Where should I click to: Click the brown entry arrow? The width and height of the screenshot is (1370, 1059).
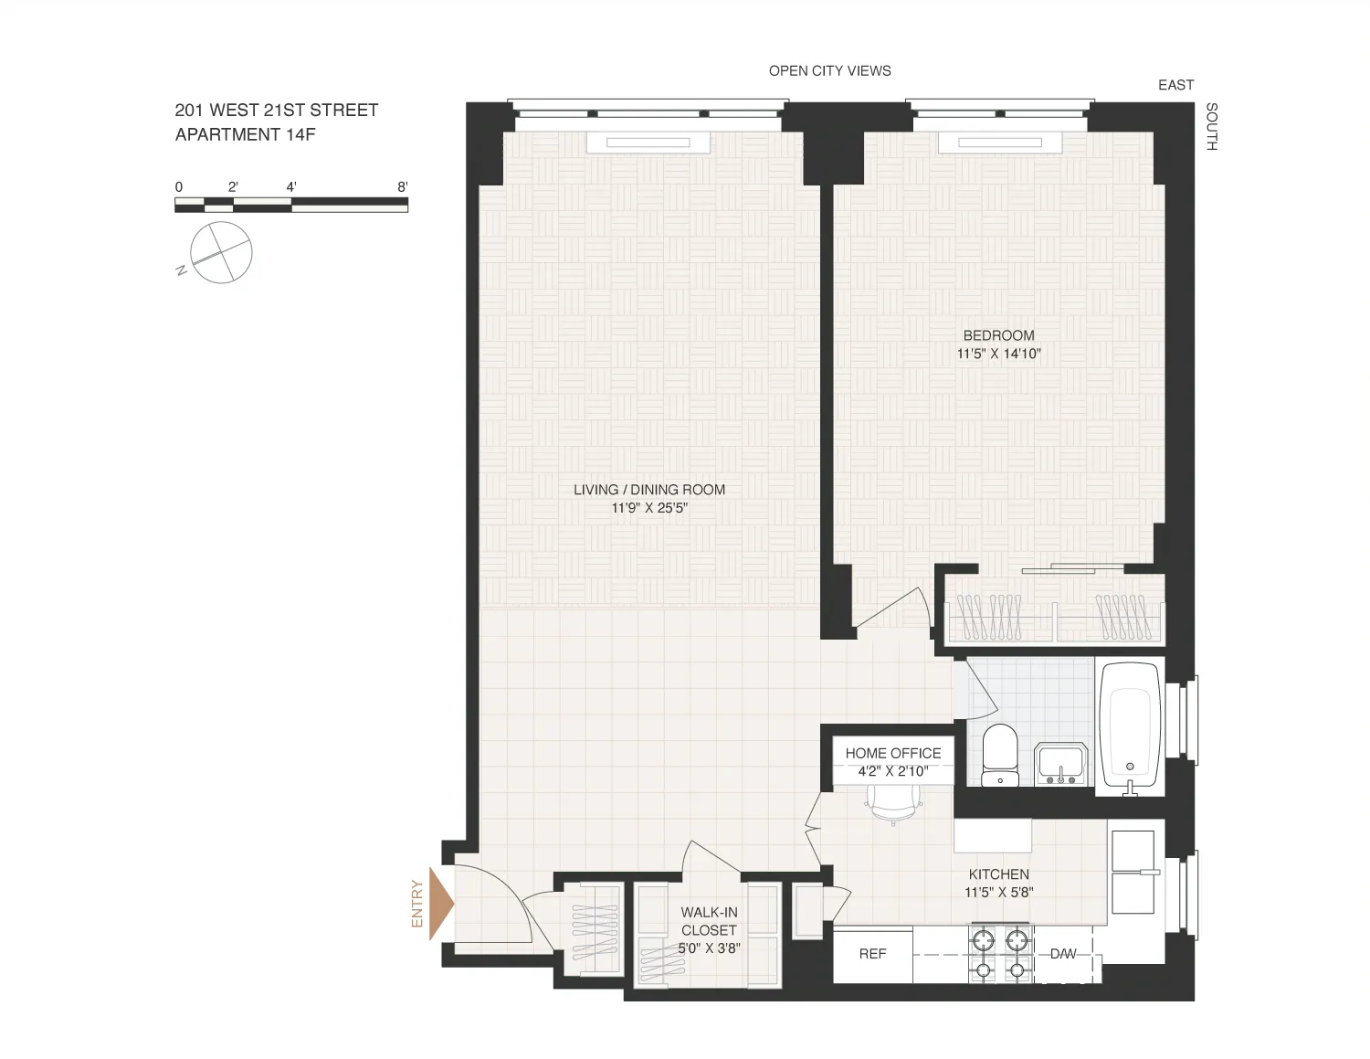[442, 904]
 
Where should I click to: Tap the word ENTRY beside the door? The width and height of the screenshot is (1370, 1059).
[417, 904]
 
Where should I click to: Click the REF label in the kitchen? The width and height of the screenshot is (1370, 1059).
[872, 954]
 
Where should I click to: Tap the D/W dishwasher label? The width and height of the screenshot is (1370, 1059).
[1062, 954]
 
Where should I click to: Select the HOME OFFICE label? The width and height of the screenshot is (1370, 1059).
[892, 753]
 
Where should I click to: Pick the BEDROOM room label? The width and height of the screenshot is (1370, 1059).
[998, 335]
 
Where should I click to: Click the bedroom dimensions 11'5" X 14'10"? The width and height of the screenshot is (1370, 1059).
[998, 354]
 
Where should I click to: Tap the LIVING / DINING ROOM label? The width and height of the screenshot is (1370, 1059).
[649, 490]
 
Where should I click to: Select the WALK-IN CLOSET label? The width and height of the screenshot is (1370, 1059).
[709, 921]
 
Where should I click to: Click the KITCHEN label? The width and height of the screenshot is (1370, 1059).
[998, 874]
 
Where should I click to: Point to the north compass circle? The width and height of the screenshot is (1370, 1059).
[221, 252]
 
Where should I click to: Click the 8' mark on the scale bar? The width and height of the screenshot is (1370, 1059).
[402, 186]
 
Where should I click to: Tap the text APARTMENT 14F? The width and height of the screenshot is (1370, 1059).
[246, 134]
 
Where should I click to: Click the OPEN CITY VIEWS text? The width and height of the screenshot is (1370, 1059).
[829, 70]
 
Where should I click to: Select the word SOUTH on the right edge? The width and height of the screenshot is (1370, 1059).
[1211, 126]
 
